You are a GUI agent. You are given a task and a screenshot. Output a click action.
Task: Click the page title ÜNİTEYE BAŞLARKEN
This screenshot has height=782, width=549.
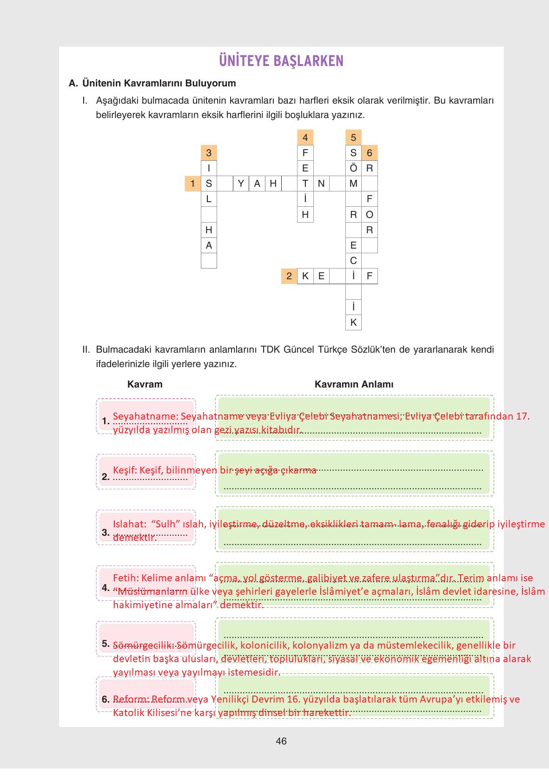(281, 61)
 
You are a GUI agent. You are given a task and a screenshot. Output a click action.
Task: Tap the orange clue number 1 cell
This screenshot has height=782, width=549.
(192, 184)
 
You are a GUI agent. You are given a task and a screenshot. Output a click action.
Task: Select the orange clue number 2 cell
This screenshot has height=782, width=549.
(289, 276)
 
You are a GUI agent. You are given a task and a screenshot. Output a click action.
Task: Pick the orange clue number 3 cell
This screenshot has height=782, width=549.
(209, 153)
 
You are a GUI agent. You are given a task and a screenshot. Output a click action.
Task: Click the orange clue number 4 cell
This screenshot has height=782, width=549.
(305, 138)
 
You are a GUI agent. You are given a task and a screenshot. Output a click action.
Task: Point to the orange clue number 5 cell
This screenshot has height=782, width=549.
(353, 138)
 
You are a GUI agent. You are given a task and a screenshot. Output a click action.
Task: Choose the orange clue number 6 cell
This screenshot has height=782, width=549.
(370, 153)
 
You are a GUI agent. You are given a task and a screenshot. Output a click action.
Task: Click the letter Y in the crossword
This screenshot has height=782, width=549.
(241, 184)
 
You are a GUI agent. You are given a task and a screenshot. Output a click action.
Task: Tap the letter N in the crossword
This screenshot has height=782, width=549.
(321, 184)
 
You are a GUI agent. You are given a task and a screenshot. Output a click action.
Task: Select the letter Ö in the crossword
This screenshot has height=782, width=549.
(353, 168)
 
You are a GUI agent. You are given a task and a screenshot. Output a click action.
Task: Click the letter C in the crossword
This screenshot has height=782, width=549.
(353, 261)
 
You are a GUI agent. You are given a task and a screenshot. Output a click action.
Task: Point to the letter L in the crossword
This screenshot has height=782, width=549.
(209, 199)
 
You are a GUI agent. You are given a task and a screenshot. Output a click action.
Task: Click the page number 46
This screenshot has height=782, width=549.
(281, 741)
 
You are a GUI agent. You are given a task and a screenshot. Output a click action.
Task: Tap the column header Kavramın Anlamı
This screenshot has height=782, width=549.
(354, 384)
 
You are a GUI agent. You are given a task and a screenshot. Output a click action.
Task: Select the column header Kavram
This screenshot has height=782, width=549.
(145, 384)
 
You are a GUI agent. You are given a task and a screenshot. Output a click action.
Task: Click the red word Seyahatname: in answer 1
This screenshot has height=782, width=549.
(146, 416)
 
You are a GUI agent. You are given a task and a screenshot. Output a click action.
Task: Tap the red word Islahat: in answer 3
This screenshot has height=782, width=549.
(130, 524)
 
